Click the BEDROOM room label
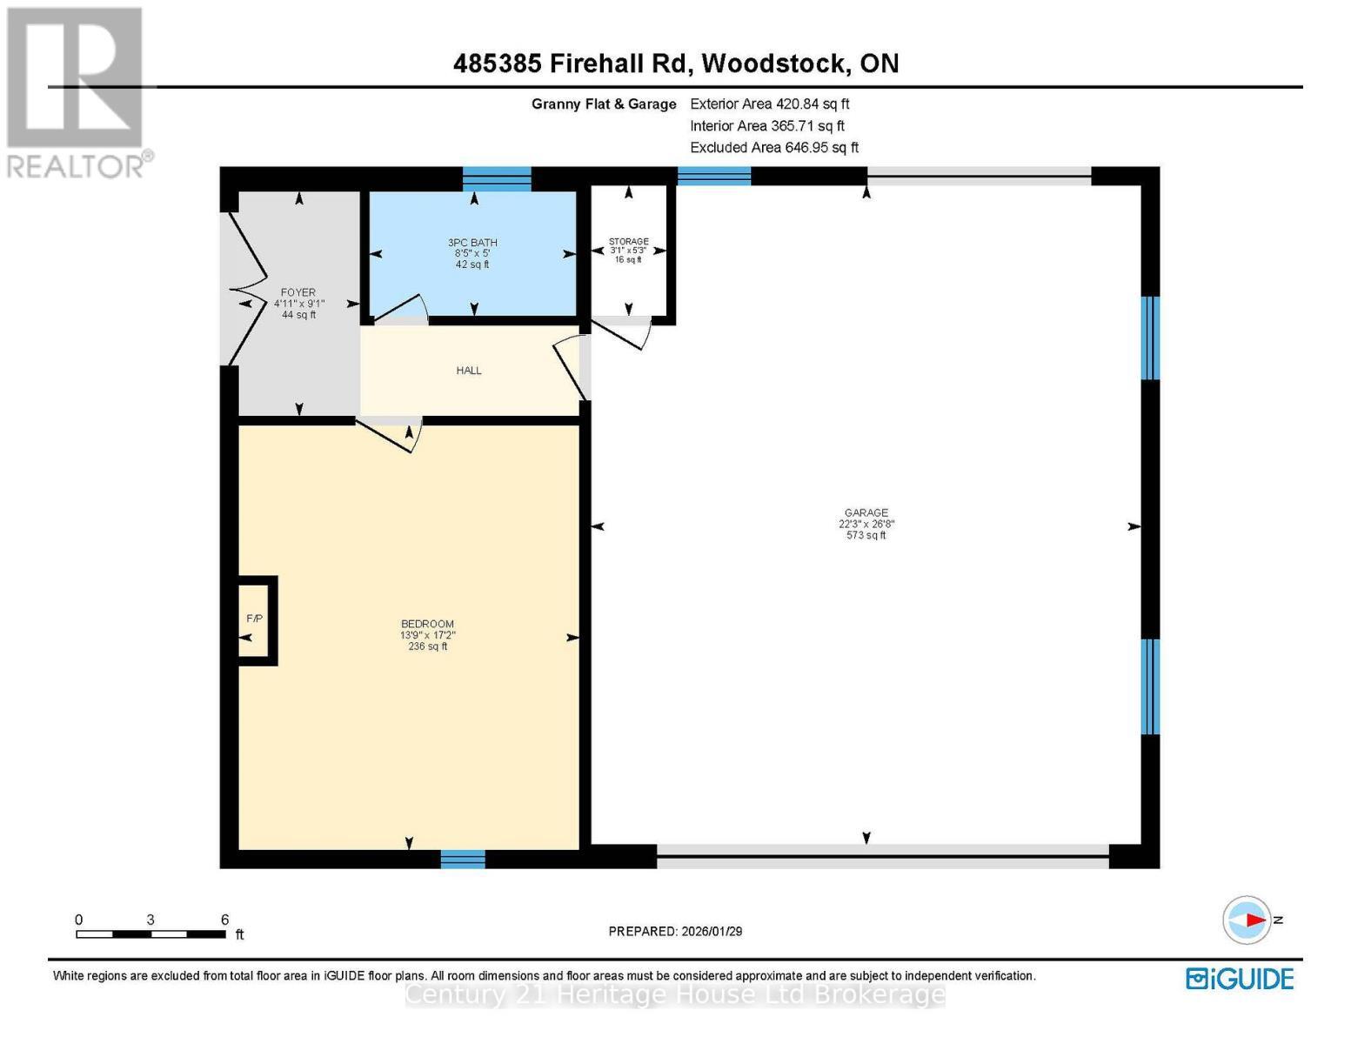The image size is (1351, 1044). click(x=427, y=624)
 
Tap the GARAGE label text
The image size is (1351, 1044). click(x=866, y=513)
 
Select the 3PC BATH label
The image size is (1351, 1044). click(x=472, y=243)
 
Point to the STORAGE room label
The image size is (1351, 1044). click(x=628, y=242)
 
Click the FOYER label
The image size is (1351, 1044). click(x=298, y=293)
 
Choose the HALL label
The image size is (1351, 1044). click(x=469, y=371)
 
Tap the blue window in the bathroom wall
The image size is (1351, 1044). click(x=497, y=178)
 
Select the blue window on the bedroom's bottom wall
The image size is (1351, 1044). click(x=463, y=859)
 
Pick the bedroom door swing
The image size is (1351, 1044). click(x=391, y=433)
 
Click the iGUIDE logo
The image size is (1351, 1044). click(x=1240, y=979)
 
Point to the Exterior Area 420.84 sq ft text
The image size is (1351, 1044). click(x=769, y=104)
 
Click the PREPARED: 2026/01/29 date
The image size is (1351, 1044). click(x=675, y=931)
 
